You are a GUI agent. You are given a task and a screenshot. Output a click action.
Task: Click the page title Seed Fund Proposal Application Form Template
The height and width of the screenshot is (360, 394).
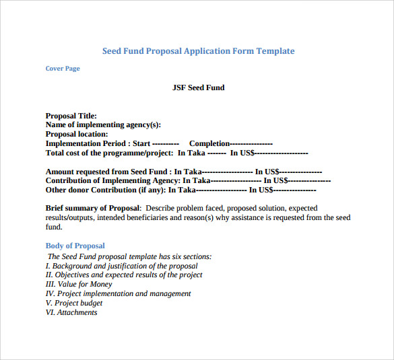point(198,51)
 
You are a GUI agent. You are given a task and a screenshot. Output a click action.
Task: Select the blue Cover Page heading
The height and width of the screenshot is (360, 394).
point(63,69)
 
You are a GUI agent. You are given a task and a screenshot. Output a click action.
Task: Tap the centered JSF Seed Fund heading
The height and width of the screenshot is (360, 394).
point(199,87)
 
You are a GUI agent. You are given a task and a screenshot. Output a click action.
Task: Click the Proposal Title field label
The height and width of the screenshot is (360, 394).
point(71,116)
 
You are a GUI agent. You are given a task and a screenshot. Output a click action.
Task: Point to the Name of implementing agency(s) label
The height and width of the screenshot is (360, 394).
point(103,124)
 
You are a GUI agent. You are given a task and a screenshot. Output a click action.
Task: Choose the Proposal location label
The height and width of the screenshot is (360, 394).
point(77,134)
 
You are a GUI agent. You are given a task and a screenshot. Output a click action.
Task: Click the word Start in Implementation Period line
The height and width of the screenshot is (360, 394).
point(141,143)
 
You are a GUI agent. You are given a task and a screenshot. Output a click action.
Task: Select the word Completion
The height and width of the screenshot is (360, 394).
point(209,143)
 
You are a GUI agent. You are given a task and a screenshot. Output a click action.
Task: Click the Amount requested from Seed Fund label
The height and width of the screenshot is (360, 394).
point(108,172)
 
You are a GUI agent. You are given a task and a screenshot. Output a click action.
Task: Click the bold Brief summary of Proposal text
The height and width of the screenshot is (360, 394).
point(93,208)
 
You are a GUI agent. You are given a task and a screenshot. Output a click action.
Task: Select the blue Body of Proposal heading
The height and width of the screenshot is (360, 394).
point(75,246)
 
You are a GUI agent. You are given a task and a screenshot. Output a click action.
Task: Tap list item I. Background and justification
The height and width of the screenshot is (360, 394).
point(121,266)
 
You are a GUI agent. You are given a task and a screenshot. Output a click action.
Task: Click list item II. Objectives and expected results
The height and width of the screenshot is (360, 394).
point(124,275)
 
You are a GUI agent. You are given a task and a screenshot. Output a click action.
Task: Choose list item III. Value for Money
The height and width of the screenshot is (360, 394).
point(79,284)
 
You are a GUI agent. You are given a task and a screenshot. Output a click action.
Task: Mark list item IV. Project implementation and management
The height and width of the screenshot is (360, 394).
point(118,293)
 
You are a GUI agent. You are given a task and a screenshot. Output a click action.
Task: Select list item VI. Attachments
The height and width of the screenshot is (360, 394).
point(71,312)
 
